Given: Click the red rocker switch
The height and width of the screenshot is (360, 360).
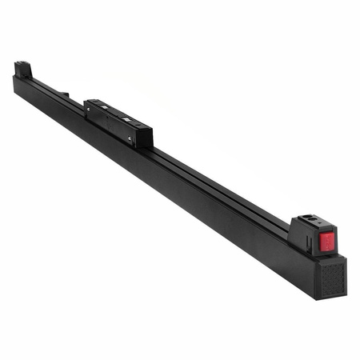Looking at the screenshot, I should (326, 241).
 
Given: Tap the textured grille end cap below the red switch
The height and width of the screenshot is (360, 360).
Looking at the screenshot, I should (330, 276).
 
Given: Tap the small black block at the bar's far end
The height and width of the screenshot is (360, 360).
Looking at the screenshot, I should (23, 70).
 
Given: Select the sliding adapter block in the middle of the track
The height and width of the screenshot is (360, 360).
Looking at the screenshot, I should (118, 121).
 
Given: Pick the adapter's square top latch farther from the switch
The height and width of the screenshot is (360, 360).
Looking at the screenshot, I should (102, 105).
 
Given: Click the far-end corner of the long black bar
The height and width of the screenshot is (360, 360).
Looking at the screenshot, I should (15, 78).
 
